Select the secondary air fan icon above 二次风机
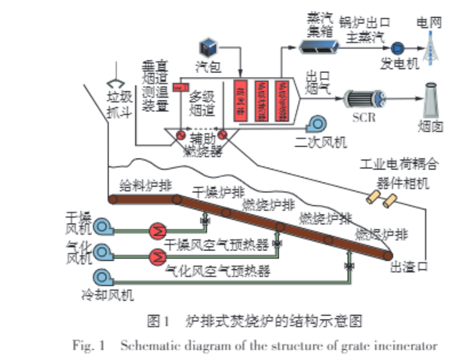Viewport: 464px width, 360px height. click(318, 123)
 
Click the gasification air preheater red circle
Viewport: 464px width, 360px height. click(157, 256)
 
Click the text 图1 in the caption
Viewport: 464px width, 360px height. click(159, 320)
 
